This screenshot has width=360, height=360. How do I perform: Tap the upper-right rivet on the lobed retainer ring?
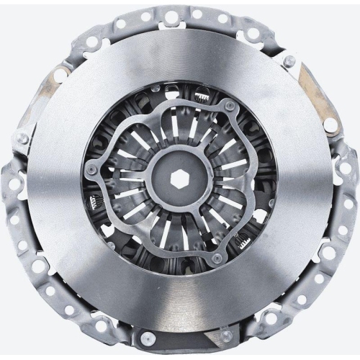click(230, 106)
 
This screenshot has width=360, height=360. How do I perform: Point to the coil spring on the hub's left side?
click(94, 202)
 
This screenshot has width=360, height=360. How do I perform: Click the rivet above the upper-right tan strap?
click(289, 61)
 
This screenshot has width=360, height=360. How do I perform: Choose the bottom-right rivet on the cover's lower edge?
click(227, 336)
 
